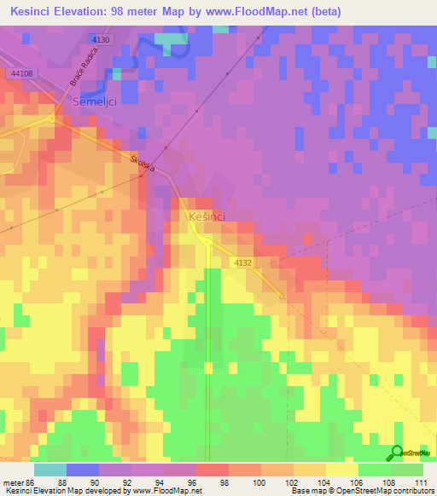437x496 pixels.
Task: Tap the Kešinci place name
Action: (x=206, y=217)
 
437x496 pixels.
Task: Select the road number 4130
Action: (x=100, y=40)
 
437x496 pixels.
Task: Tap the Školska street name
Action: (x=142, y=163)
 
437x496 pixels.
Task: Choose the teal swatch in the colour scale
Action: (x=50, y=470)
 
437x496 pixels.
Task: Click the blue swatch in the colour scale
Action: (x=82, y=470)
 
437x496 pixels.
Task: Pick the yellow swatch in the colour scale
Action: (x=341, y=470)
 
